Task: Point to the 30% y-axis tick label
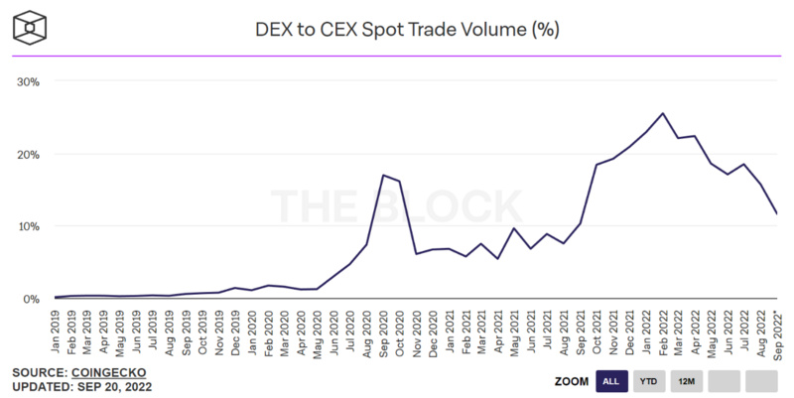(27, 81)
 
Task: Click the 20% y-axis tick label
(27, 154)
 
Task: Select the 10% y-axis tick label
(27, 226)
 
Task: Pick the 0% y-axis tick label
(30, 299)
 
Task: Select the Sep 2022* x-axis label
(777, 332)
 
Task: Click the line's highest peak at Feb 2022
(663, 113)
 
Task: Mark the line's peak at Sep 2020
(383, 176)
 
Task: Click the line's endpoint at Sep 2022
(777, 214)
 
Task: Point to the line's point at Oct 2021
(596, 165)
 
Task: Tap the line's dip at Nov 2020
(416, 254)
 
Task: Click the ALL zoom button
(611, 381)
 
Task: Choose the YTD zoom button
(649, 381)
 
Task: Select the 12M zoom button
(687, 381)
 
